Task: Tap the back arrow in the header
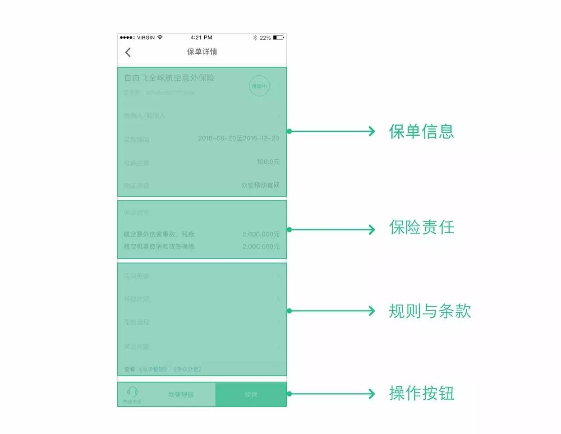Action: tap(128, 52)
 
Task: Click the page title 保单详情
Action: tap(202, 52)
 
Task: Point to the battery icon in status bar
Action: tap(278, 37)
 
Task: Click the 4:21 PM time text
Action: tap(201, 37)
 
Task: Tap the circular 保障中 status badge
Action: tap(259, 86)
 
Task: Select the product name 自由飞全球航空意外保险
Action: tap(169, 78)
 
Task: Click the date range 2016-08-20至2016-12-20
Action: tap(239, 139)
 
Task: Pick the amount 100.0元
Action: tap(268, 162)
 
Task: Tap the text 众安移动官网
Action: tap(260, 185)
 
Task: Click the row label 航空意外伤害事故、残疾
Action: tap(159, 234)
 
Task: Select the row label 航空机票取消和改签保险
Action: tap(159, 246)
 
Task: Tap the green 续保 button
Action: tap(251, 394)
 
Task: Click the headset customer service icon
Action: tap(132, 391)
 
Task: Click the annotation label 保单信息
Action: tap(421, 131)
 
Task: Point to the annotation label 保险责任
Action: tap(421, 227)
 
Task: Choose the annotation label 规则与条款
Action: tap(429, 311)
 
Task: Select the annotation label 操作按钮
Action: tap(421, 393)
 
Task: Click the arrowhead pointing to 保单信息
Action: tap(372, 131)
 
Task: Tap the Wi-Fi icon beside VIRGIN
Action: tap(160, 37)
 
